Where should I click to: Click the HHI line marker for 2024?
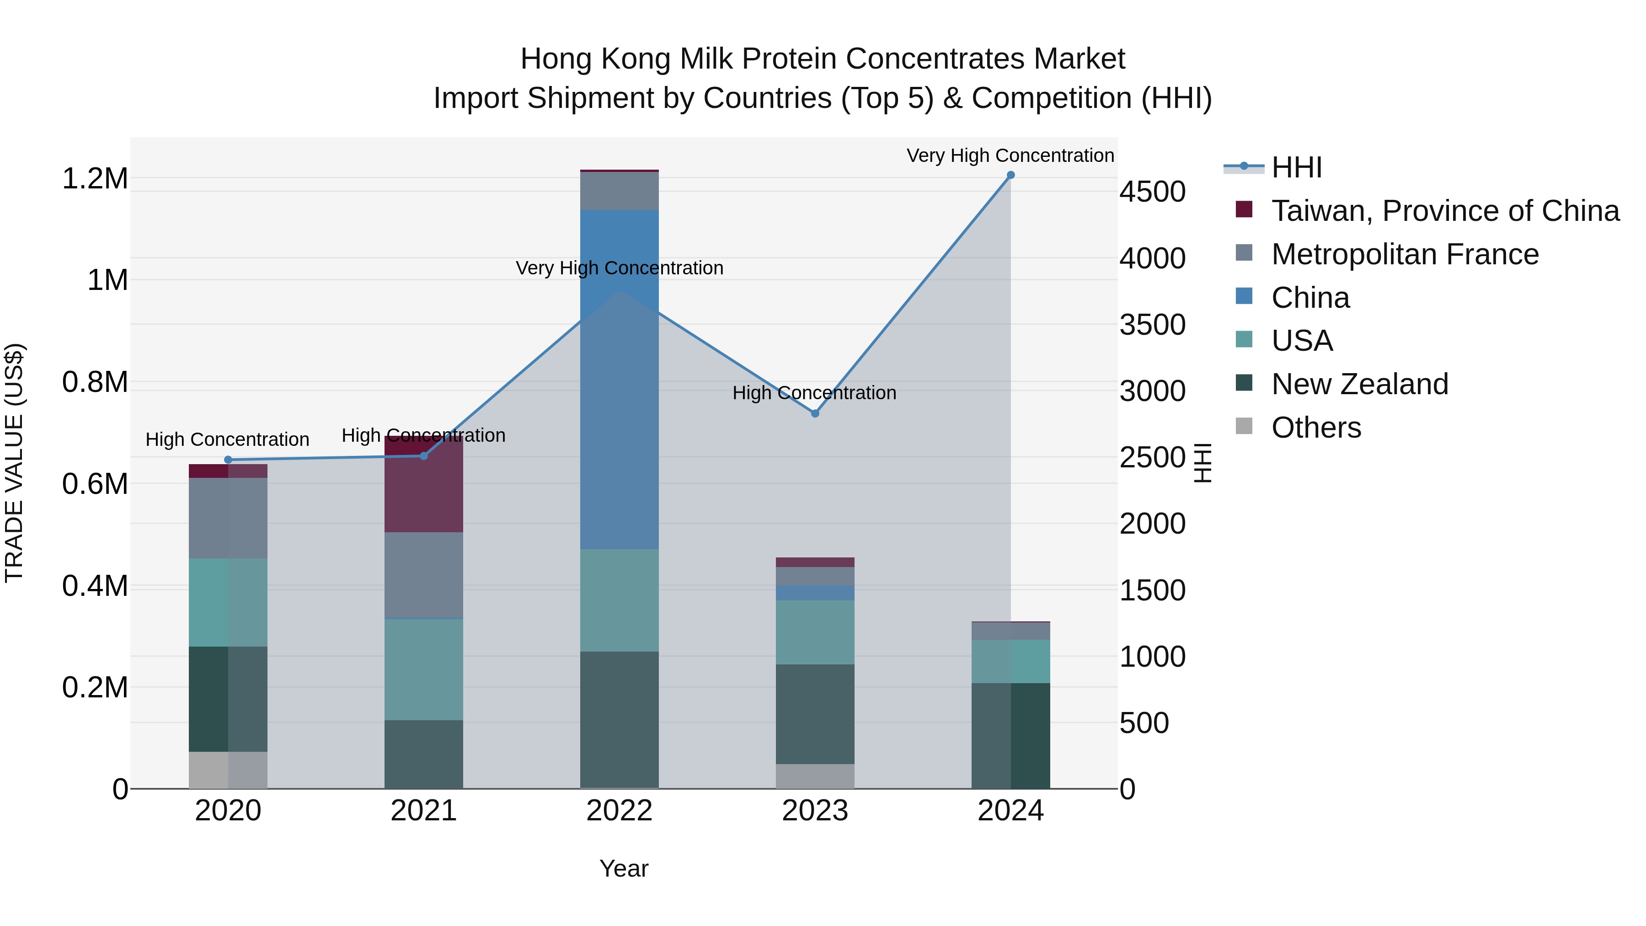(1010, 175)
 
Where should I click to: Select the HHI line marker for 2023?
(815, 413)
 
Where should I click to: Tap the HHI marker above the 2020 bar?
(228, 460)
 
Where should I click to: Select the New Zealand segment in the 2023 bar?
(815, 714)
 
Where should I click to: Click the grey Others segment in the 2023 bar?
(815, 776)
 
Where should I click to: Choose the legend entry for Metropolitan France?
(1405, 254)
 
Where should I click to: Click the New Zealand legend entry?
(1359, 384)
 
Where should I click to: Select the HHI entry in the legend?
(1296, 167)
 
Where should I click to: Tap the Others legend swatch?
(1244, 426)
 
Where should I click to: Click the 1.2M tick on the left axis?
(95, 178)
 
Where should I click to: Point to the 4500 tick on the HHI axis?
(1152, 192)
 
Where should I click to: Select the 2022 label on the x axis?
(619, 811)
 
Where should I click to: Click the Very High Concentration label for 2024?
(1010, 155)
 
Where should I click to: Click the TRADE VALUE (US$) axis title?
(14, 463)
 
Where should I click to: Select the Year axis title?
(624, 868)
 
